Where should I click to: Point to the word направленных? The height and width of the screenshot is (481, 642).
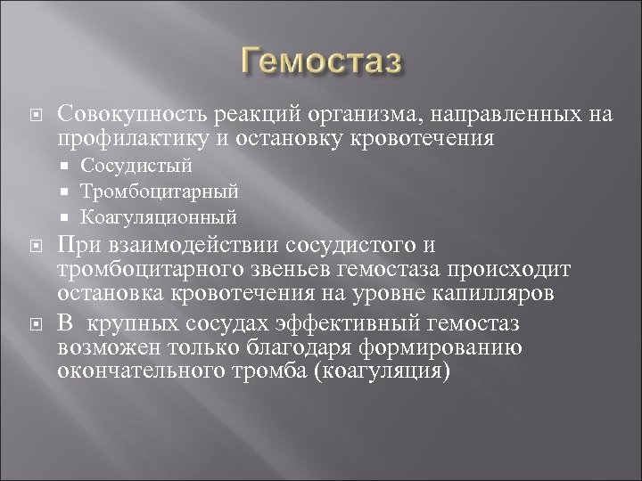click(x=521, y=114)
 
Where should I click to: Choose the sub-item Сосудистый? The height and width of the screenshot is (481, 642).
click(x=148, y=166)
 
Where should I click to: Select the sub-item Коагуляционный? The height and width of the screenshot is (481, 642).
click(x=170, y=216)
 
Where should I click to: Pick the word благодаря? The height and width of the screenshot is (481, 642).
click(x=299, y=346)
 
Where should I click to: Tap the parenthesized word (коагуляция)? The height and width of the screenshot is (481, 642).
click(x=394, y=371)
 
